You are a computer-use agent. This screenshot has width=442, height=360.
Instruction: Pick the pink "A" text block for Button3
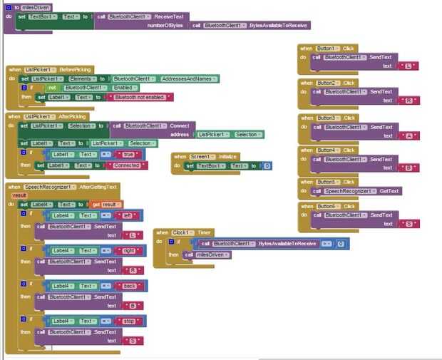tap(408, 135)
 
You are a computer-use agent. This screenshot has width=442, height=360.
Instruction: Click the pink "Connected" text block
tap(127, 165)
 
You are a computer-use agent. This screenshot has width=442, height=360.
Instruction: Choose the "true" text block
tap(128, 154)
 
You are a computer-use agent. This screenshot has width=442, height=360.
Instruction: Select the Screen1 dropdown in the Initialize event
tap(200, 156)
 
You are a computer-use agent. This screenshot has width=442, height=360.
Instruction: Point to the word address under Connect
tap(180, 134)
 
